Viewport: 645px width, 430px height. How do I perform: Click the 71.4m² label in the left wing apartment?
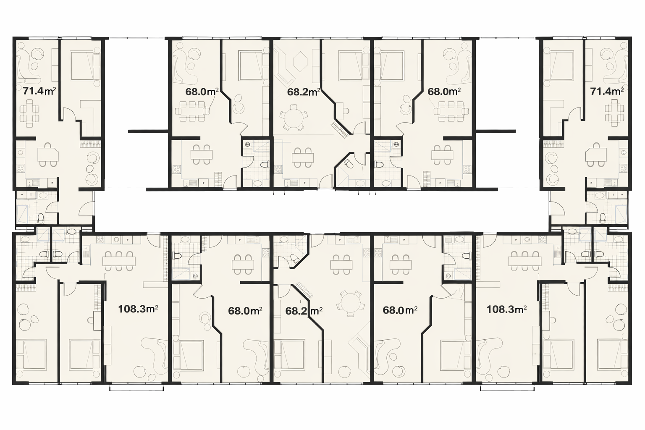[39, 91]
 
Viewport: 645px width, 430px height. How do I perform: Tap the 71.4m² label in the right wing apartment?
[607, 91]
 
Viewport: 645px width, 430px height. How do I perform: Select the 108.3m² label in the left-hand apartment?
[138, 309]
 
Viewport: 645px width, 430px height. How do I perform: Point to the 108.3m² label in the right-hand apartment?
[507, 309]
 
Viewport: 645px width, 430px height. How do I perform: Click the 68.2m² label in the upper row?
[304, 92]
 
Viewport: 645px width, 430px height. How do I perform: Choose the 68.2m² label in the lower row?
[304, 311]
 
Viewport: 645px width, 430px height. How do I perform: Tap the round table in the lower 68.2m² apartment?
[351, 304]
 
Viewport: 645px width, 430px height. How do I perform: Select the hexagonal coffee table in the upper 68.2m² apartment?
[300, 61]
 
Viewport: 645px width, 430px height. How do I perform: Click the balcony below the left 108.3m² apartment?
[137, 388]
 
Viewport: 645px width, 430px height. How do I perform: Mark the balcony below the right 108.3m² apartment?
[507, 388]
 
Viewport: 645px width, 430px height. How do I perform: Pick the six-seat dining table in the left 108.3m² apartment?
[119, 261]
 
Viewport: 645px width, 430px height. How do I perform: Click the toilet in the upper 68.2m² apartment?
[349, 164]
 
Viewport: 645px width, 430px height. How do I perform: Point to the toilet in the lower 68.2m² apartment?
[295, 258]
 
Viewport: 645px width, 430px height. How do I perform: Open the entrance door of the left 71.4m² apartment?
[87, 209]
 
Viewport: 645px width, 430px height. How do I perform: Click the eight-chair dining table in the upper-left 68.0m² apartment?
[192, 111]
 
